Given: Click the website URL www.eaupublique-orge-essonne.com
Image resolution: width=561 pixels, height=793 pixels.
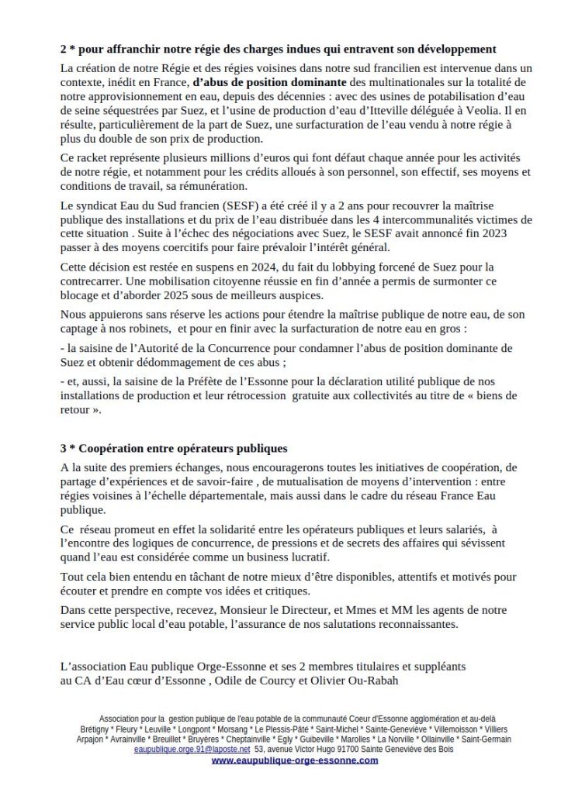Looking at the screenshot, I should point(295,760).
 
